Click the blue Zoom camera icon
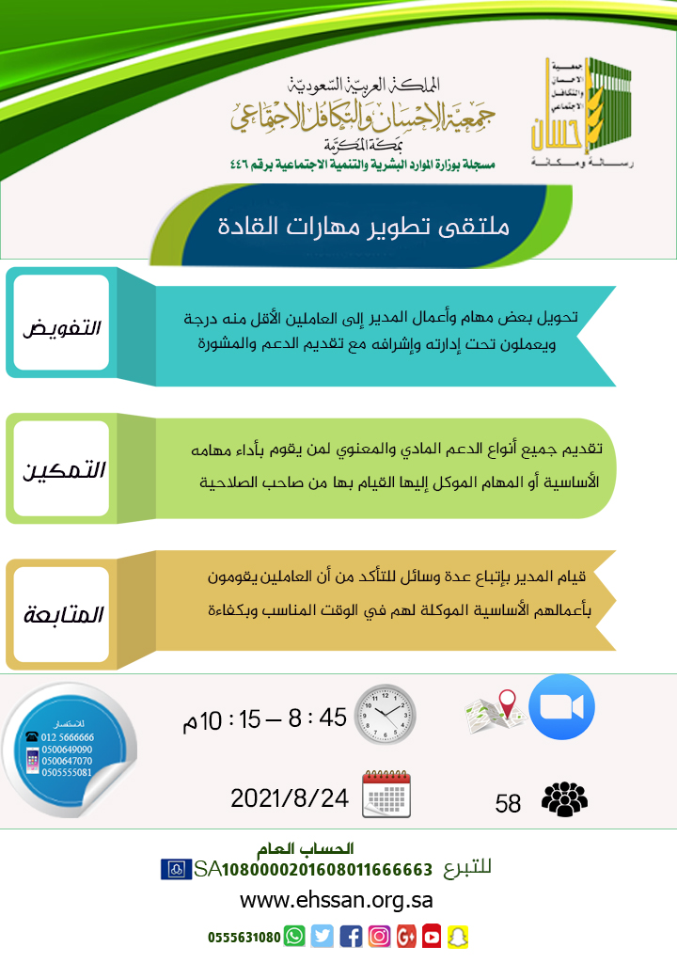click(561, 707)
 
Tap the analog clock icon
click(386, 714)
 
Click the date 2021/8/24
click(290, 798)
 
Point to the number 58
click(508, 803)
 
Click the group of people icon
click(564, 799)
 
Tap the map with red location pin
click(495, 713)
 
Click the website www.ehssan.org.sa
click(337, 899)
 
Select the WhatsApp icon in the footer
click(295, 937)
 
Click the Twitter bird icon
click(323, 937)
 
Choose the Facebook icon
click(351, 937)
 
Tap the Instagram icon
click(379, 937)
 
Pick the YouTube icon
click(432, 937)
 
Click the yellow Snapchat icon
click(458, 937)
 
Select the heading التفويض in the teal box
click(62, 329)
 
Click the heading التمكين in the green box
click(62, 469)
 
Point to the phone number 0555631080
click(244, 938)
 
